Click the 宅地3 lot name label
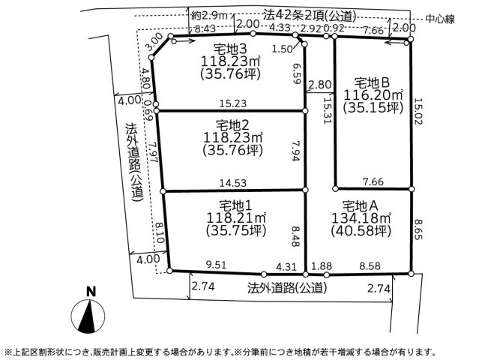pyautogui.click(x=229, y=49)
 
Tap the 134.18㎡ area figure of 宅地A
pyautogui.click(x=361, y=218)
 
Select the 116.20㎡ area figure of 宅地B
pyautogui.click(x=373, y=95)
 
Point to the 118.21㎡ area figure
pyautogui.click(x=236, y=218)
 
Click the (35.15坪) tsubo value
pyautogui.click(x=373, y=108)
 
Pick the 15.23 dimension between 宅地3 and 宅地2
pyautogui.click(x=233, y=103)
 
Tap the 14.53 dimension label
pyautogui.click(x=233, y=183)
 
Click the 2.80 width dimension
pyautogui.click(x=320, y=84)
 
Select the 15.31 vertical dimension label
pyautogui.click(x=327, y=110)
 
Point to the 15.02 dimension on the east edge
pyautogui.click(x=418, y=111)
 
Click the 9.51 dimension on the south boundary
pyautogui.click(x=217, y=265)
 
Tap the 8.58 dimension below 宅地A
pyautogui.click(x=370, y=266)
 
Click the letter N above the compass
pyautogui.click(x=91, y=292)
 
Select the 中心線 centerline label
pyautogui.click(x=440, y=19)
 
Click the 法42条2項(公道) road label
pyautogui.click(x=310, y=16)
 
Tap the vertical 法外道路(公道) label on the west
pyautogui.click(x=133, y=162)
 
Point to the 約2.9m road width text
pyautogui.click(x=210, y=15)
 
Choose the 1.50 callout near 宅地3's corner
pyautogui.click(x=282, y=49)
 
